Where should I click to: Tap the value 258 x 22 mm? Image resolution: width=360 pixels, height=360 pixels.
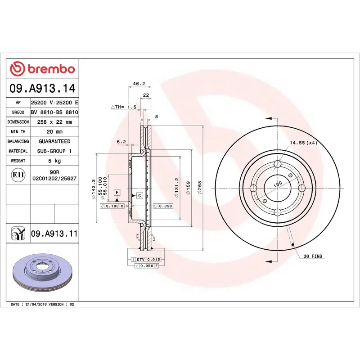point(54,122)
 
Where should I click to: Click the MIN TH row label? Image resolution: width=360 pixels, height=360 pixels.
point(18,132)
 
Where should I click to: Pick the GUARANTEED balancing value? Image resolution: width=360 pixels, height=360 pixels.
point(54,141)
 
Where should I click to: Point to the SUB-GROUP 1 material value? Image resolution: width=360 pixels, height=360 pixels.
point(54,151)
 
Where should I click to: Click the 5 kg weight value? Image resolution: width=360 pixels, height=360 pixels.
point(54,161)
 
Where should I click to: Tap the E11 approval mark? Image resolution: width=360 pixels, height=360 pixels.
point(18,175)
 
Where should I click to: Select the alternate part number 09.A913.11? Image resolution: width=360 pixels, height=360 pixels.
point(54,234)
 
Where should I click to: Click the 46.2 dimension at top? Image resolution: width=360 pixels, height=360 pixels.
point(139,83)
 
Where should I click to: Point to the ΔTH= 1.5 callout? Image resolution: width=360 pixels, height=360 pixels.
point(123,107)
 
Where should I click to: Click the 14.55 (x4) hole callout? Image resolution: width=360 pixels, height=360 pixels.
point(304,143)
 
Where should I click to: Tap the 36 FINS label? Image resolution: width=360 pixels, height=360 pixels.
point(313,256)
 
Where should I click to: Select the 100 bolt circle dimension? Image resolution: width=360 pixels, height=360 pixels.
point(278,184)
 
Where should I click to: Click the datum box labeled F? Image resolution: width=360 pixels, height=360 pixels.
point(117,192)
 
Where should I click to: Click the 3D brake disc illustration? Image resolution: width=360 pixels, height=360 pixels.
point(42,273)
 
